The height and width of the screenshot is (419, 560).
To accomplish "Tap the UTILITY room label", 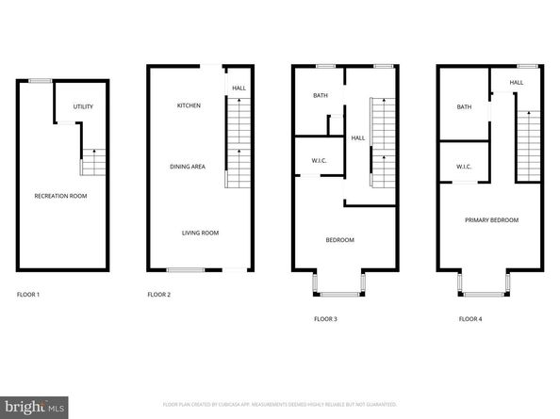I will point(83,106).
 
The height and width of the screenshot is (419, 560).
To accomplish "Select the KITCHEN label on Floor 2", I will point(189,105).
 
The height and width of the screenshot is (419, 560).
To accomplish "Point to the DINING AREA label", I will point(188,167).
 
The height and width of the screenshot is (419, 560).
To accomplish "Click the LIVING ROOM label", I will point(201,233).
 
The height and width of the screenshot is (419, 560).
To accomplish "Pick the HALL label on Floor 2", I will point(239,88).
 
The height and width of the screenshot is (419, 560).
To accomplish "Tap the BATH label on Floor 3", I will point(320,96).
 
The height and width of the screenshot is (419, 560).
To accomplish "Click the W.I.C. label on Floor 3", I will point(319,160).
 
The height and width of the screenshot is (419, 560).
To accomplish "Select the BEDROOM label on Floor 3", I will point(339,240).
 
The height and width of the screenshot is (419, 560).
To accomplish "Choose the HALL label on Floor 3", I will point(358,138).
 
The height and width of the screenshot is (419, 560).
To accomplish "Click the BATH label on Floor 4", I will point(464,106).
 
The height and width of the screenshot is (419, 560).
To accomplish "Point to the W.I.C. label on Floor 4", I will point(464,167).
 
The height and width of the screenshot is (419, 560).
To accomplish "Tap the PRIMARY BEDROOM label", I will point(491,219).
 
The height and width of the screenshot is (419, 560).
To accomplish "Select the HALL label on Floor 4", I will point(517,83).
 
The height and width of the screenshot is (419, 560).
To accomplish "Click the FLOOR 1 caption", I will point(28,295).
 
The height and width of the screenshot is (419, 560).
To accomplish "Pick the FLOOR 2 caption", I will point(158,295).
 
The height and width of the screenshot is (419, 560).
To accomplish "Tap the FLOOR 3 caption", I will point(325,319).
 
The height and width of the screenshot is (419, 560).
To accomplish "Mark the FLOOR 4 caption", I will point(470,319).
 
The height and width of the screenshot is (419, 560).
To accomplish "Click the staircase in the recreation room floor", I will point(92,162).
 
